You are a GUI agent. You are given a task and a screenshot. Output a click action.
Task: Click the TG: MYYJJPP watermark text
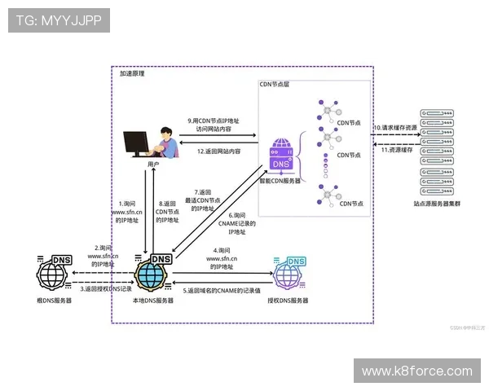[x=58, y=20]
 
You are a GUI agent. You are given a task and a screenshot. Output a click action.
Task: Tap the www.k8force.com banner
[x=416, y=371]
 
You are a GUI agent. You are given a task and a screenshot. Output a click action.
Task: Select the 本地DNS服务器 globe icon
[x=153, y=275]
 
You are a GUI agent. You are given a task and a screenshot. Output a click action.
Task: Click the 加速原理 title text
[x=132, y=73]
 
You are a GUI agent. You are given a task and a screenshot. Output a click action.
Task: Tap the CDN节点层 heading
[x=274, y=84]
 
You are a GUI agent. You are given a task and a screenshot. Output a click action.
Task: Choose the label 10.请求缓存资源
[x=394, y=128]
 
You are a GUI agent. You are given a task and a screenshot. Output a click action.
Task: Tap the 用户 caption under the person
[x=153, y=165]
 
